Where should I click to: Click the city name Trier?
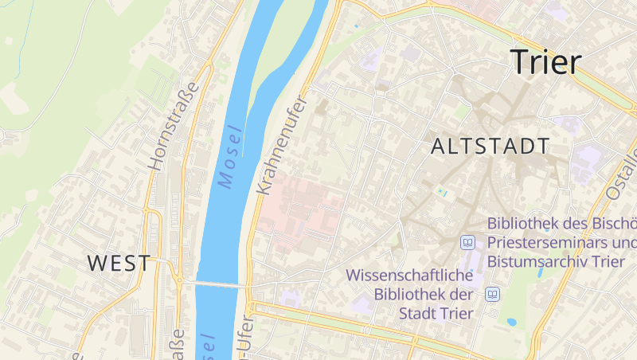pos(546,62)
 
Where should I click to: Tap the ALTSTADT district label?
pos(490,147)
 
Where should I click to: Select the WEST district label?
pos(118,263)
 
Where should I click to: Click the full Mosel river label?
pos(229,158)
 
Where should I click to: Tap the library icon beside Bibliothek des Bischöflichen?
pos(468,241)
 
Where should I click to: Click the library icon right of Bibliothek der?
pos(493,295)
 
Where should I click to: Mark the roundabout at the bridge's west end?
pos(180,280)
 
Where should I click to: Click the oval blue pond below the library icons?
pos(511,323)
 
